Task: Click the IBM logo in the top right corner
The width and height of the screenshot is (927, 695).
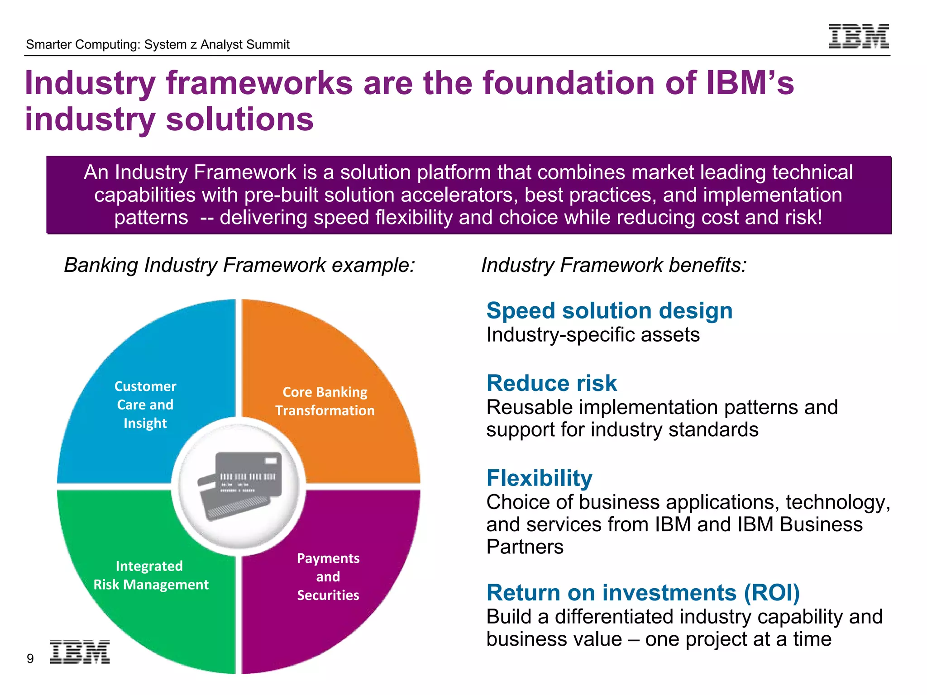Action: click(x=859, y=36)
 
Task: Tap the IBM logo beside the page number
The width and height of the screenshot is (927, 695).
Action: click(x=80, y=652)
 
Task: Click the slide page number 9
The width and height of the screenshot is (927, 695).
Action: click(x=30, y=658)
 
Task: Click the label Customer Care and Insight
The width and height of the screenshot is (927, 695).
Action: click(x=145, y=405)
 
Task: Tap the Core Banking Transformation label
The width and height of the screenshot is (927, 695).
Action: click(x=325, y=401)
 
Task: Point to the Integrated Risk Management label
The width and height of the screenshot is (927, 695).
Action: click(x=151, y=575)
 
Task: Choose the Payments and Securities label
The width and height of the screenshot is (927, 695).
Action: click(x=328, y=576)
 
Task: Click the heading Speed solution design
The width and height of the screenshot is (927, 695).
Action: click(x=609, y=311)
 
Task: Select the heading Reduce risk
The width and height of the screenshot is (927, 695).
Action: click(x=551, y=383)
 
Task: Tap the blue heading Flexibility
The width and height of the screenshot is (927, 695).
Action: click(x=539, y=478)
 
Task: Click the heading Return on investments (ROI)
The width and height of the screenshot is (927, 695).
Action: click(x=643, y=593)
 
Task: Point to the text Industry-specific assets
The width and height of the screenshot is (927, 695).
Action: click(x=593, y=335)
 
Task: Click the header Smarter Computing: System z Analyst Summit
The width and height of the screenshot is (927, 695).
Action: click(x=158, y=44)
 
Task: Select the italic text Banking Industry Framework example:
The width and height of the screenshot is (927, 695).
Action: click(x=239, y=265)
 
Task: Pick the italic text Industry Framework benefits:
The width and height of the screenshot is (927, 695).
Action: click(x=614, y=265)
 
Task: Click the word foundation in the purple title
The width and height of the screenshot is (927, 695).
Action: click(x=569, y=83)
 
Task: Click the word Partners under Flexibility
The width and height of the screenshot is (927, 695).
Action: click(x=525, y=547)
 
